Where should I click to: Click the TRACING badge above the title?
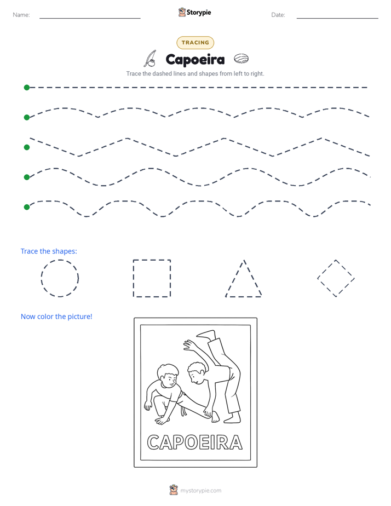195,43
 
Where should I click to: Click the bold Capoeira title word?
195,60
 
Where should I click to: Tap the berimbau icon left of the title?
151,59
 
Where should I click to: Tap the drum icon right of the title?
241,59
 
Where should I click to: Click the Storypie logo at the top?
195,12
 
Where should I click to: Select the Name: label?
21,15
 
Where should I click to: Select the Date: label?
278,15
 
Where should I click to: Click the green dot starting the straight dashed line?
27,88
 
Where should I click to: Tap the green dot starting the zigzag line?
27,147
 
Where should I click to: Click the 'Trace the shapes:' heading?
49,251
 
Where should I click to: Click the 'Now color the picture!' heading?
56,317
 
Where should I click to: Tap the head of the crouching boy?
168,376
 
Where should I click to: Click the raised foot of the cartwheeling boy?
206,334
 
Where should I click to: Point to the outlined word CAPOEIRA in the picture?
195,442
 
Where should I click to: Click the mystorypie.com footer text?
200,491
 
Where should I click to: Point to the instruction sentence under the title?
195,73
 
